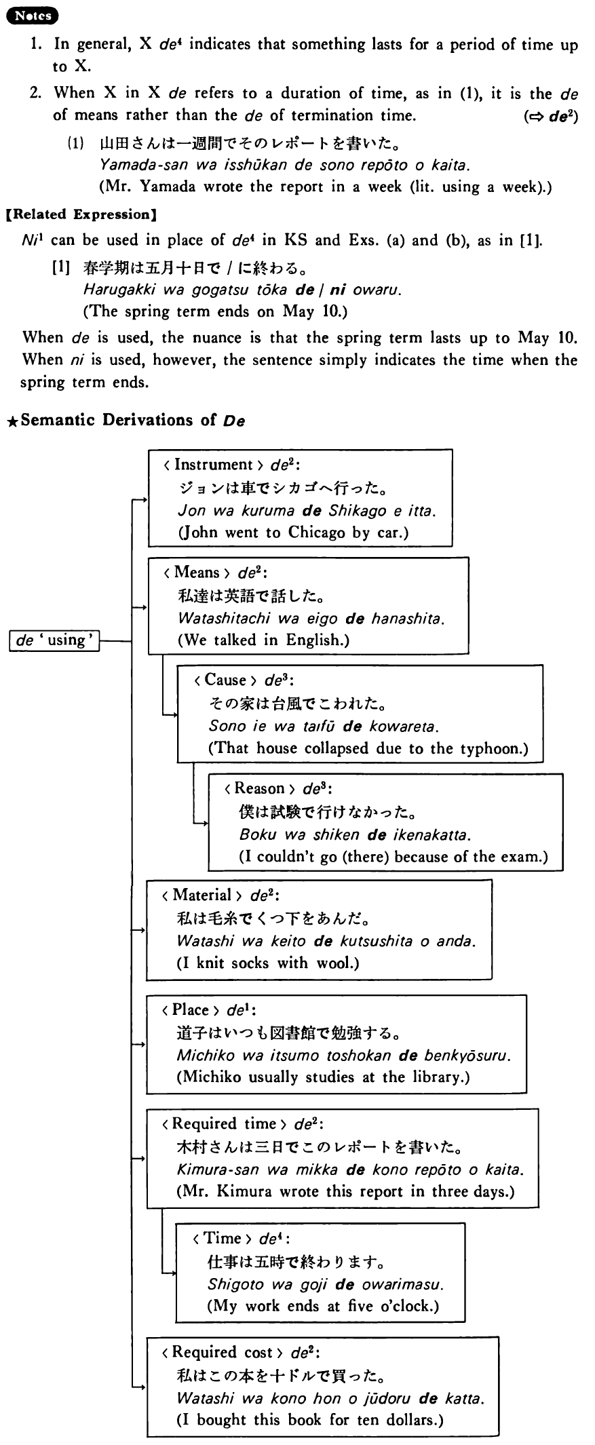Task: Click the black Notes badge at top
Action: click(32, 16)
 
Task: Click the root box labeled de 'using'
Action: click(54, 640)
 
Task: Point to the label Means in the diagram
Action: click(197, 573)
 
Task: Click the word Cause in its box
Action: click(225, 680)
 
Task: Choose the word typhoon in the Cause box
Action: click(491, 748)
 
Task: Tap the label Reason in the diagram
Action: click(258, 788)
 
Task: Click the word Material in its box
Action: click(202, 895)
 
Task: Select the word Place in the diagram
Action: click(191, 1009)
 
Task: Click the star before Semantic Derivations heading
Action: click(12, 421)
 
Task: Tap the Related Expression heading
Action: click(81, 215)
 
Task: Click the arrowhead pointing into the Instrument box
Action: click(145, 500)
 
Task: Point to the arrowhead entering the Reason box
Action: click(204, 824)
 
